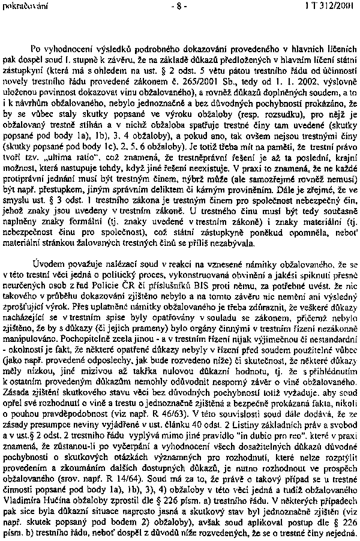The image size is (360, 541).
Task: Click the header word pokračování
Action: coord(20,7)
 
